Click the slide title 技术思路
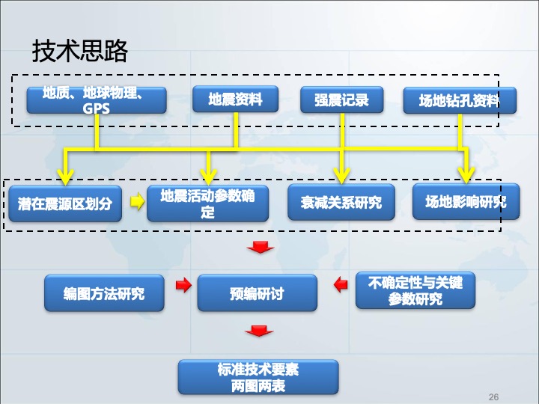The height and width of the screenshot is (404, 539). point(80,51)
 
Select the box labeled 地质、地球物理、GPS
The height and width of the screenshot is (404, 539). point(97,100)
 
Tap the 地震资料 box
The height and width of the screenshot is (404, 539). point(236,99)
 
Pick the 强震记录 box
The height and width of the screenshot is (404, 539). point(341,100)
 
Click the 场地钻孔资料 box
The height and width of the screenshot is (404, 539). point(460,100)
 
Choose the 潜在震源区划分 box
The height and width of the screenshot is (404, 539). point(65,203)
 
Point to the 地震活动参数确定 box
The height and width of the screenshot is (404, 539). point(207,203)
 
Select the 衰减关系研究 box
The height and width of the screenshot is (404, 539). point(341,202)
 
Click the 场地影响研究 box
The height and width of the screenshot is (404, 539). point(466,202)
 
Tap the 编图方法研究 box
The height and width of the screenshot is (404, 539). point(104,293)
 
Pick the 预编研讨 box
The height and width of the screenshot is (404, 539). point(257,293)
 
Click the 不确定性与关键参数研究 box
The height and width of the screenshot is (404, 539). point(415,290)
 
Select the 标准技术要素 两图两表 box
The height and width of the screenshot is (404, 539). point(258,377)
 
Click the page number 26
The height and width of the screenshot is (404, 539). point(493,397)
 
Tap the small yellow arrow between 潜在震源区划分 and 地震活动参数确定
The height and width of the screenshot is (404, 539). point(138,201)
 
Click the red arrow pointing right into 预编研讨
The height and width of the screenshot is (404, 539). point(183,285)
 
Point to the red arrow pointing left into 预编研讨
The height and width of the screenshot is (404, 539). point(341,285)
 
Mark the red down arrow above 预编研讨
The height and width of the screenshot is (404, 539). point(261,247)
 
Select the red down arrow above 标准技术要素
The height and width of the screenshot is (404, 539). point(259,331)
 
